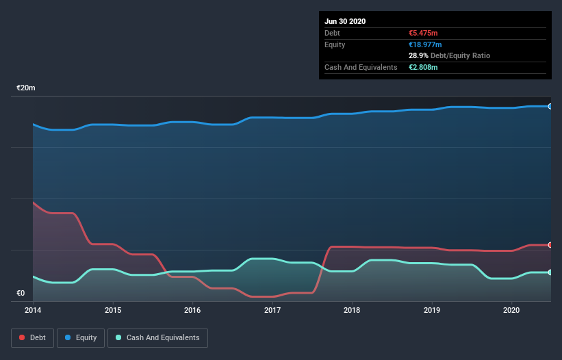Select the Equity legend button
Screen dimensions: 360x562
pos(81,337)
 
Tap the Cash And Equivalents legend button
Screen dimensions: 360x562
pos(157,337)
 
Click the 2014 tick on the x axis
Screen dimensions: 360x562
pos(33,310)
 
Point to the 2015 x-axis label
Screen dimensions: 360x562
pos(113,310)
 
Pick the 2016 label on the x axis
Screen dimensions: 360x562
pos(192,310)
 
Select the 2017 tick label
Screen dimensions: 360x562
pos(272,310)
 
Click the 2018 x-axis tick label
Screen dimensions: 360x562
pos(352,310)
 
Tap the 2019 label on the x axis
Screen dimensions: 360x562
pos(432,310)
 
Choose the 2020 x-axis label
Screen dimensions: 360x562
pos(511,310)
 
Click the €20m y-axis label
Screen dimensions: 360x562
pos(26,88)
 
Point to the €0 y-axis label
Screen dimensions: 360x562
pos(21,294)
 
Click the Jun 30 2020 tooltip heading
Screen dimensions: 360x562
pos(345,21)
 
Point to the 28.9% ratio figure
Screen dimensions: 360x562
pos(418,55)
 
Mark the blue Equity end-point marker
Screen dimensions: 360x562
pos(550,106)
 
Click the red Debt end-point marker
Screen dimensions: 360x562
pos(550,244)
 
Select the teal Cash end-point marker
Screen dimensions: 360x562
pos(550,272)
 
